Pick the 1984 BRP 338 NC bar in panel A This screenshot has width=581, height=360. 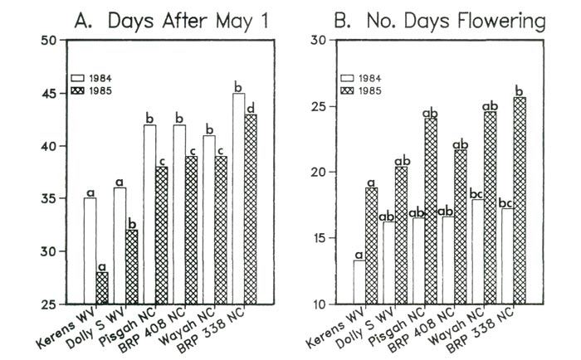[x=239, y=199]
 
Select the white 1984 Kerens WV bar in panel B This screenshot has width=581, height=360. [x=359, y=283]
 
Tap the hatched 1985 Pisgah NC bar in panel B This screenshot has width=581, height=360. [x=431, y=212]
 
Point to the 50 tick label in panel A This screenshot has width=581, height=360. [x=52, y=41]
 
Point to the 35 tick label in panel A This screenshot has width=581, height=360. [x=52, y=199]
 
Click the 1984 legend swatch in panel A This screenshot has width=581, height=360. [x=79, y=78]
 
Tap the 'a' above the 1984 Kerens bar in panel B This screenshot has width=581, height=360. [x=359, y=254]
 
